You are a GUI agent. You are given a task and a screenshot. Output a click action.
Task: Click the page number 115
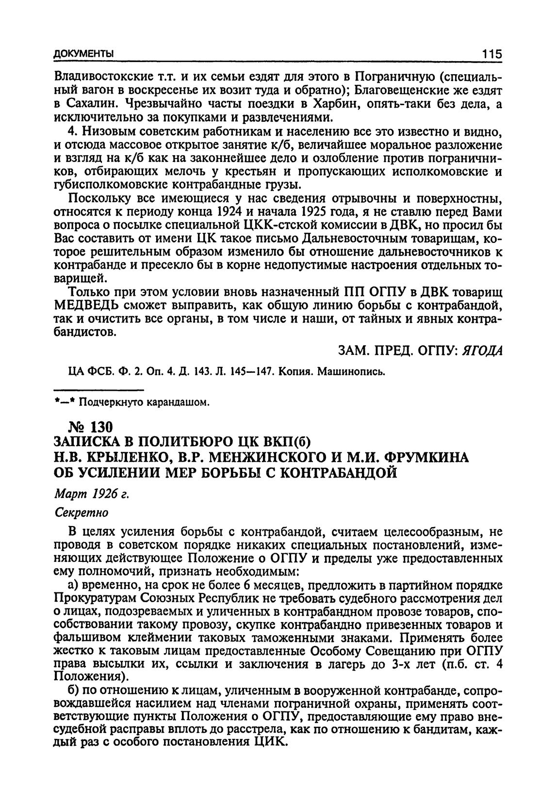click(x=491, y=54)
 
